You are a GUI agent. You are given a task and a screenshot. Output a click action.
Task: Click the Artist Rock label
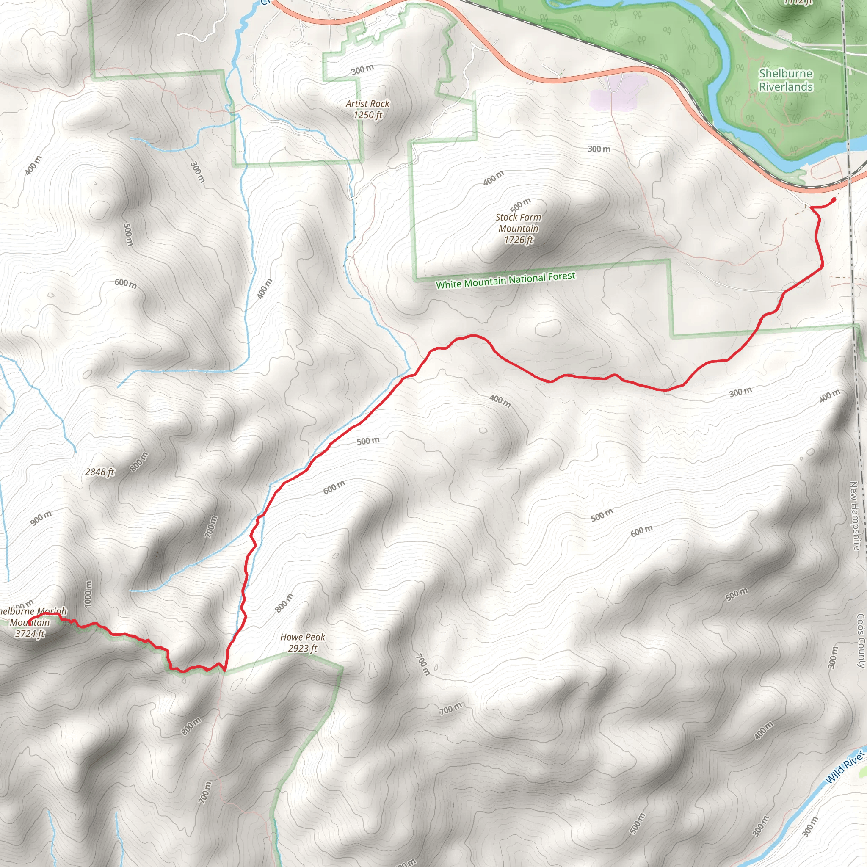(x=367, y=104)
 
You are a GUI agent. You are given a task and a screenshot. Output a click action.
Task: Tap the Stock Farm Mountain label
(x=518, y=223)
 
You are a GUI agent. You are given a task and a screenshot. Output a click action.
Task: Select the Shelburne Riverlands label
(x=786, y=80)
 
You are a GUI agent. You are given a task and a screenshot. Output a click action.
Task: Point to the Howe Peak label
(x=302, y=637)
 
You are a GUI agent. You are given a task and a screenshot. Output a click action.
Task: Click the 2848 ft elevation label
(x=99, y=472)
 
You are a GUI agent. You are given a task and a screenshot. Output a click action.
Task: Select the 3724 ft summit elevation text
(x=30, y=634)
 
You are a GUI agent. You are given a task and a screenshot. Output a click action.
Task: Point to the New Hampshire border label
(x=854, y=516)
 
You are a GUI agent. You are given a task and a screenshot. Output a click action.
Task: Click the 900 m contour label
(x=41, y=518)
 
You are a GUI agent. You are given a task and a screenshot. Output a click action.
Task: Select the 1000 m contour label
(x=88, y=594)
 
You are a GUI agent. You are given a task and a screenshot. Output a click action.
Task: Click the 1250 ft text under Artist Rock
(x=367, y=115)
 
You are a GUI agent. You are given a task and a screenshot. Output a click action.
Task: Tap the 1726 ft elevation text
(x=518, y=240)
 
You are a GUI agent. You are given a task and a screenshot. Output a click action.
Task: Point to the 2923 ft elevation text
(x=302, y=649)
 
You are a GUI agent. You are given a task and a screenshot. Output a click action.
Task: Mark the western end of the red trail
(x=29, y=622)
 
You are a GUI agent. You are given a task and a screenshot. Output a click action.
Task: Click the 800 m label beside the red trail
(x=284, y=603)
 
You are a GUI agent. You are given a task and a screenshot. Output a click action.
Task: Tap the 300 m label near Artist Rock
(x=362, y=69)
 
